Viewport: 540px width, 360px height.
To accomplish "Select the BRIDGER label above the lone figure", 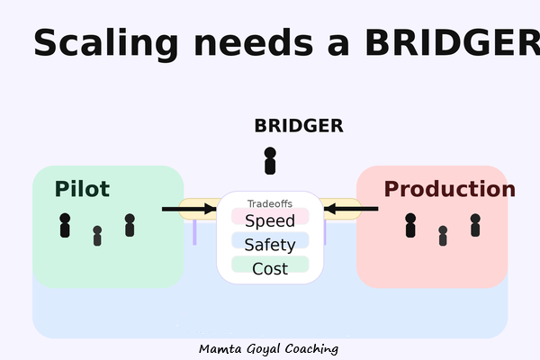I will coord(298,126).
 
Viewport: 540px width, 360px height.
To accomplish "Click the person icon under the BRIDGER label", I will coord(270,161).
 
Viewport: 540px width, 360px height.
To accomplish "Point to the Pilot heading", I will coord(82,189).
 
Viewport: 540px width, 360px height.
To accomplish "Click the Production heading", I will coord(449,189).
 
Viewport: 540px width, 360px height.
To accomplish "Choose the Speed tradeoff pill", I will coord(270,220).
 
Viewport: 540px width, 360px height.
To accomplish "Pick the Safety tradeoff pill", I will coord(270,244).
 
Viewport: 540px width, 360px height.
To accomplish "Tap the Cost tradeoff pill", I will coord(270,268).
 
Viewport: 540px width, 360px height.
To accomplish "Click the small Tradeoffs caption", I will coord(270,204).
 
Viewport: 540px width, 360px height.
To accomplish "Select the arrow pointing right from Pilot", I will coord(189,209).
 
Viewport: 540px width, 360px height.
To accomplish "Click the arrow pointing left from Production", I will coord(351,209).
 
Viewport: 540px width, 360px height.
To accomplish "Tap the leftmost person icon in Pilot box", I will coord(65,225).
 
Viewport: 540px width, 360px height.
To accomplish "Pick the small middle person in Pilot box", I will coord(97,236).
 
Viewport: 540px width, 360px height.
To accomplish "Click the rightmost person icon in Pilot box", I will coord(130,225).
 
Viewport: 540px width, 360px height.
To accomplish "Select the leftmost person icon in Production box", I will coord(410,225).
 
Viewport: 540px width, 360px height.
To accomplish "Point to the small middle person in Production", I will coord(443,236).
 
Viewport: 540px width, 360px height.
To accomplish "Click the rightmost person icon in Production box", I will coord(475,225).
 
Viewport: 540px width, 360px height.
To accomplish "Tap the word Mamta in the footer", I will coord(220,348).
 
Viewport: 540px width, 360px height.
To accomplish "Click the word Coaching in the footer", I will coord(310,348).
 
